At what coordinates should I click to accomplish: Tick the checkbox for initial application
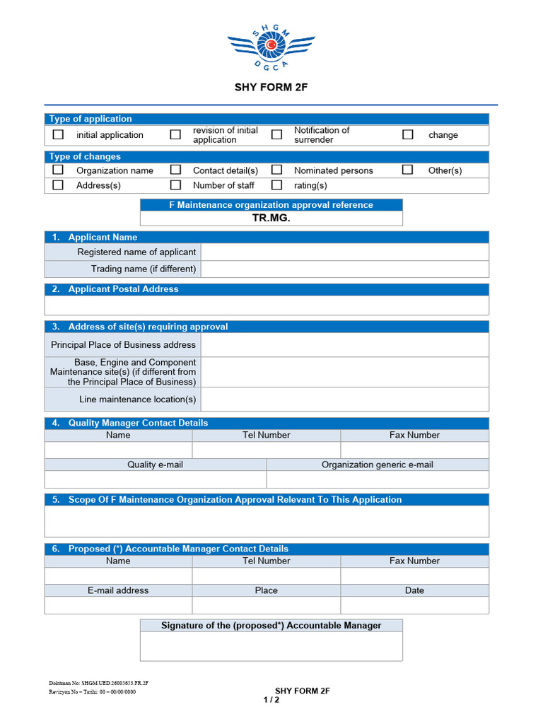pos(59,134)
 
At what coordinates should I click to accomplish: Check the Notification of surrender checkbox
pos(277,134)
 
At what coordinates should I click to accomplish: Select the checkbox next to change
pos(408,134)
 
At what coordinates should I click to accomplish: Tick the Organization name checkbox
pos(59,170)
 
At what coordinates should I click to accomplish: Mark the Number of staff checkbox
pos(175,185)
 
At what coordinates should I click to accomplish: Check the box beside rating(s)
pos(277,185)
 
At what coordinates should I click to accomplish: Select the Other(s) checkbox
pos(408,170)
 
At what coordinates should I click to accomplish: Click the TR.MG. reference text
pos(271,218)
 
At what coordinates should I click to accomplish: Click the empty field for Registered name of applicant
pos(344,252)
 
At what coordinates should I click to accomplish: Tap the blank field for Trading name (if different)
pos(344,269)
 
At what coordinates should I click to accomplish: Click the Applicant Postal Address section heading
pos(123,289)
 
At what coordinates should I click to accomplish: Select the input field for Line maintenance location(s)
pos(344,399)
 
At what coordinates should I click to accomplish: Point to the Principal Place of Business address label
pos(123,345)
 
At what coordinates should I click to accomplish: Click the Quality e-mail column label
pos(155,465)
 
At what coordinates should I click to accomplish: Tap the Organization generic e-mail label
pos(378,465)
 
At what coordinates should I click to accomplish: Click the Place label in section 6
pos(267,590)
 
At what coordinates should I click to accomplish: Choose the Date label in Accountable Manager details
pos(414,590)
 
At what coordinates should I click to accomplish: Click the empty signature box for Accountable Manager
pos(271,646)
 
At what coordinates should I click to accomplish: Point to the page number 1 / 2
pos(271,700)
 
